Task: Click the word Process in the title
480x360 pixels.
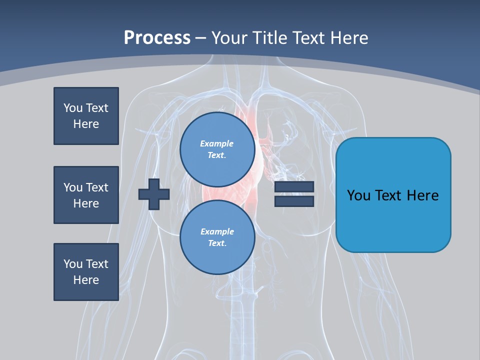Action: tap(157, 38)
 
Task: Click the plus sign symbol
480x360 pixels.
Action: tap(153, 194)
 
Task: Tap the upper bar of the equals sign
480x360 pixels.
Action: tap(294, 187)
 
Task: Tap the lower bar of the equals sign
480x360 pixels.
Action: tap(294, 201)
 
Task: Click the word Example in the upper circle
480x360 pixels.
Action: tap(216, 143)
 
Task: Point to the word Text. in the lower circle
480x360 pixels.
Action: tap(217, 243)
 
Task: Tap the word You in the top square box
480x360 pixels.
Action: tap(73, 108)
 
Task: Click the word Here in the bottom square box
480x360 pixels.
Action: tap(86, 280)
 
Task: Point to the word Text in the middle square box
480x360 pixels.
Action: tap(97, 187)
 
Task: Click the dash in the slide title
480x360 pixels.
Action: tap(200, 38)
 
